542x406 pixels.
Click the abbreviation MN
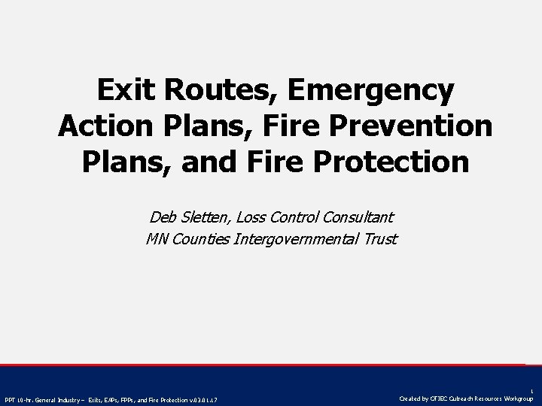(156, 240)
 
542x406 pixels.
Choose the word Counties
(197, 240)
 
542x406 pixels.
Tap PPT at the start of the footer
(11, 398)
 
